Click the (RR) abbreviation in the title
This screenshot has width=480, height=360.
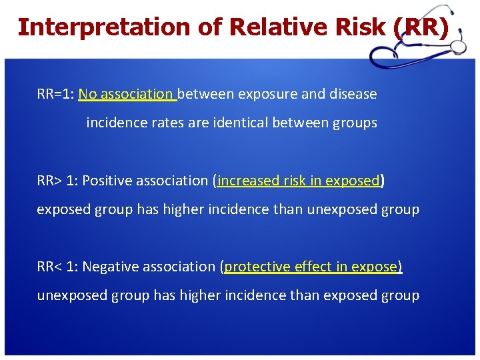coord(420,27)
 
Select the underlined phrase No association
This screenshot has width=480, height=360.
coord(126,94)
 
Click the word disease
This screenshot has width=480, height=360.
coord(353,94)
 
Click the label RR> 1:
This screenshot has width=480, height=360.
coord(57,181)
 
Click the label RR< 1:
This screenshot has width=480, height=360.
coord(57,267)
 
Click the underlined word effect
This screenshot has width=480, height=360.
coord(311,267)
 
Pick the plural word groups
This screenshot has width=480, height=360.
coord(357,123)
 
